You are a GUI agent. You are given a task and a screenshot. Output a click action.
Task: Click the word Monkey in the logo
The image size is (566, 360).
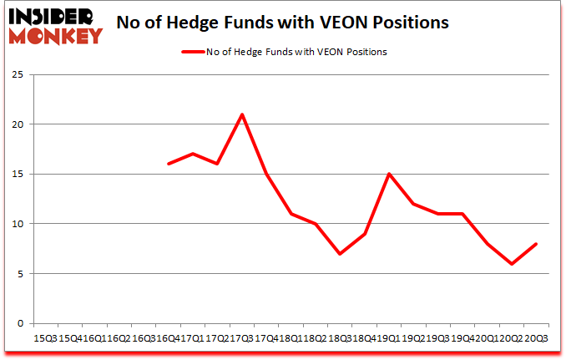pos(53,34)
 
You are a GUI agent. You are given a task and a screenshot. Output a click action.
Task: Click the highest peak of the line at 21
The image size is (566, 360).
pos(242,114)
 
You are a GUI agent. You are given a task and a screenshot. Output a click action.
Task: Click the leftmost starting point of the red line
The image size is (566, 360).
pos(169,164)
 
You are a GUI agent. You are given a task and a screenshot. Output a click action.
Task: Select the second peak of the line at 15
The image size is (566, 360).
pos(388,174)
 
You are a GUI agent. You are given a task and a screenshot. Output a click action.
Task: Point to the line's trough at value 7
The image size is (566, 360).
pos(340,254)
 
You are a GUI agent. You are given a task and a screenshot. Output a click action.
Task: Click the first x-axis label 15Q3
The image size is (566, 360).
pos(46,339)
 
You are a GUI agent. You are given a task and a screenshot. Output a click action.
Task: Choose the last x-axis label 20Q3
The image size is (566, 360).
pos(535,339)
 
